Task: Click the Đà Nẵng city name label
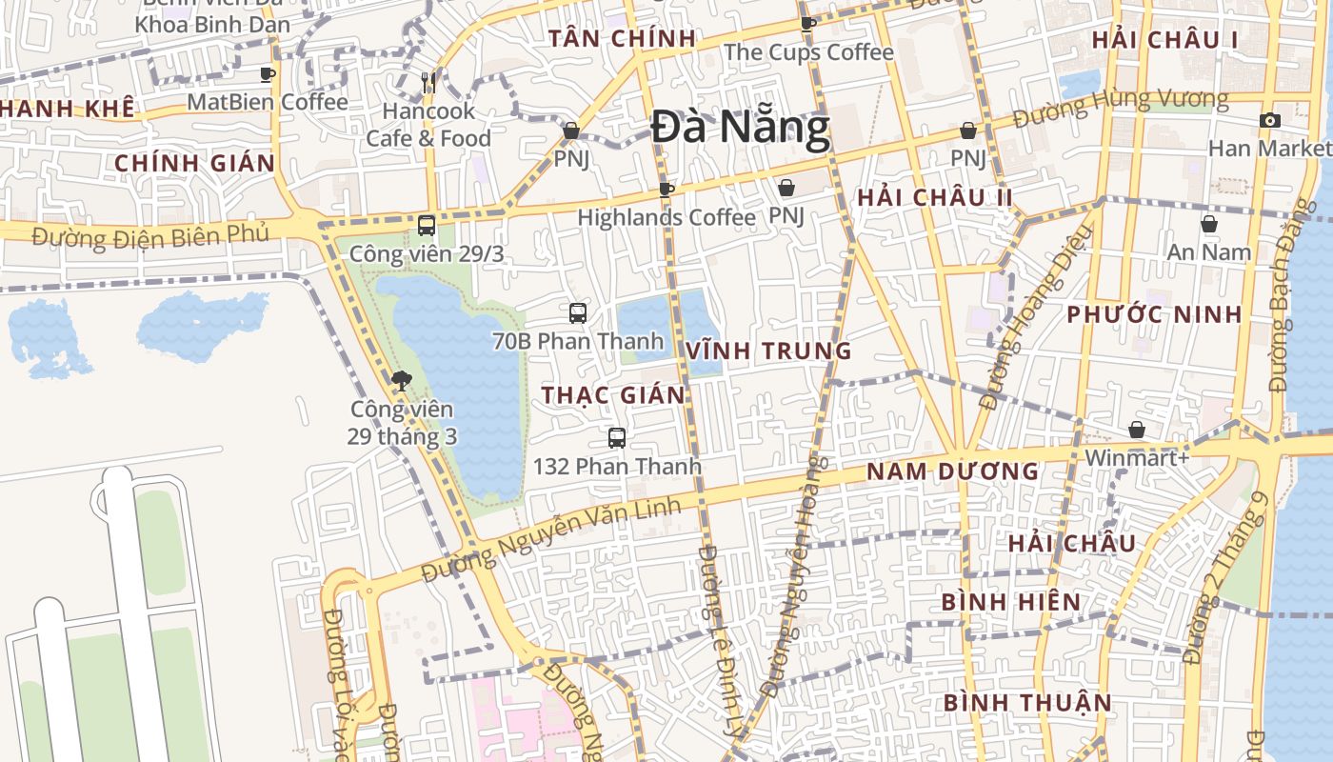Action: tap(741, 128)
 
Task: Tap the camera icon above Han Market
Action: tap(1269, 120)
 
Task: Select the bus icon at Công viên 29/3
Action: tap(427, 226)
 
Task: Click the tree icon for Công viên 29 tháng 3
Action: tap(402, 381)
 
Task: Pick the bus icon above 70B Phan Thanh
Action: tap(578, 312)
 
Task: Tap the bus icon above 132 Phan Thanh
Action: tap(617, 438)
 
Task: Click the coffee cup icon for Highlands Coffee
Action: tap(666, 190)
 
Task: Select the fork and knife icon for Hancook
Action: tap(428, 83)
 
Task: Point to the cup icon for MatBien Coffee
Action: tap(268, 73)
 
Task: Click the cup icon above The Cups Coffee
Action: tap(808, 24)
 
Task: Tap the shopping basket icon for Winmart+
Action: tap(1137, 430)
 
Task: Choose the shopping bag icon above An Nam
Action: tap(1208, 224)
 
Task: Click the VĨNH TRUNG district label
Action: tap(768, 351)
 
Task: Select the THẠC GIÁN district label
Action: tap(613, 394)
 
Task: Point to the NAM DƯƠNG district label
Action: tap(952, 471)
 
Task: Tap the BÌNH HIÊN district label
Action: tap(1011, 602)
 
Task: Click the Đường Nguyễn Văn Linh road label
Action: tap(552, 540)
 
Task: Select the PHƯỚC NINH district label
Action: tap(1154, 314)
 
